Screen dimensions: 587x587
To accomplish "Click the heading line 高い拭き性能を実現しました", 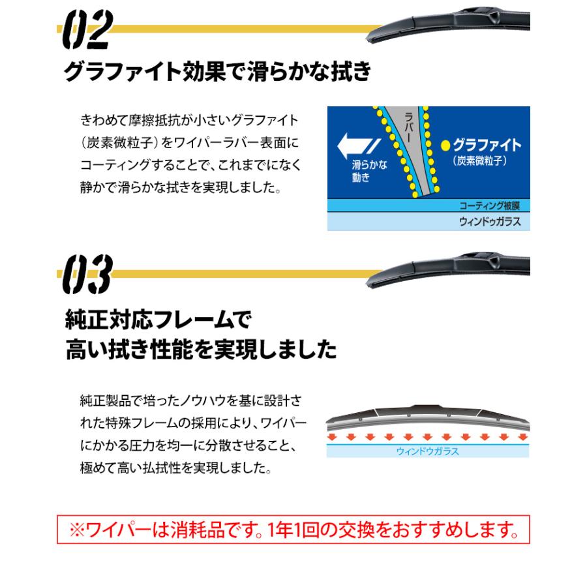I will [202, 351].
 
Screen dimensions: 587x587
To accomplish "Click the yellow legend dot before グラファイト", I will [446, 144].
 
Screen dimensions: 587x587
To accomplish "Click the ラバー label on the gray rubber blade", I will [409, 123].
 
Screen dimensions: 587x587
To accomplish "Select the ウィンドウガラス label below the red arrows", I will [428, 450].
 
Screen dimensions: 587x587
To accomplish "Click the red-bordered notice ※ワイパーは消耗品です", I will [293, 530].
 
